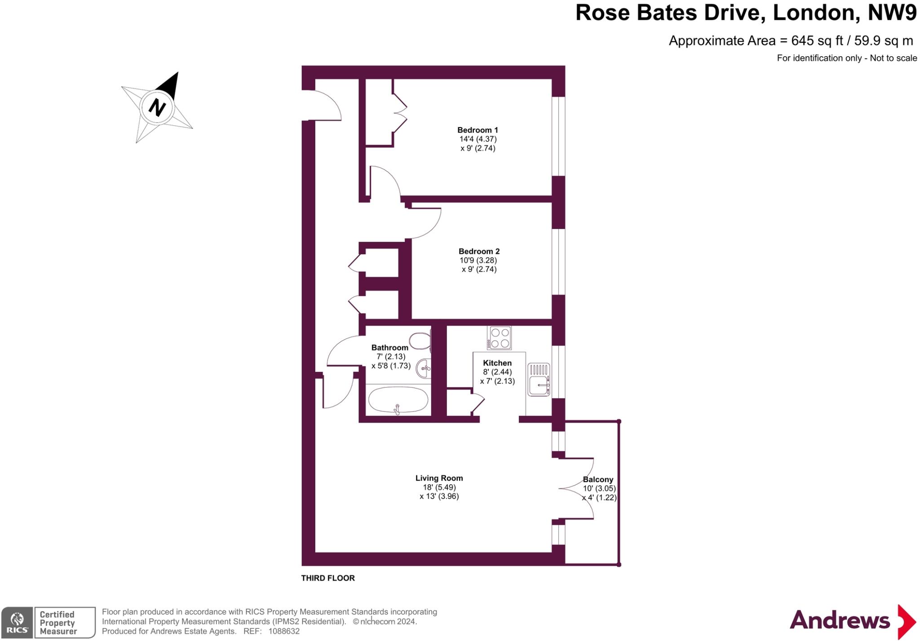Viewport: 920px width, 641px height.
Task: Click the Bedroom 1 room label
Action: point(478,130)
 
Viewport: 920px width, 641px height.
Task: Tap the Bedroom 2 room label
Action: point(479,252)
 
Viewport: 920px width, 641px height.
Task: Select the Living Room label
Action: point(439,478)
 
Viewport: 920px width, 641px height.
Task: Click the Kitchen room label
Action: point(497,363)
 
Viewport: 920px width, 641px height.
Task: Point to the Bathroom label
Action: point(389,348)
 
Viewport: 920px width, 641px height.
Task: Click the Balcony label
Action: point(598,480)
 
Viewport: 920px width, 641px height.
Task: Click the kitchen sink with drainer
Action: point(539,380)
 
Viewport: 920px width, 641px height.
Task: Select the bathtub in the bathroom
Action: point(398,400)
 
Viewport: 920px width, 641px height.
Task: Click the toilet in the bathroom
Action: point(420,341)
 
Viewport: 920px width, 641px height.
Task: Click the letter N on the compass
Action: point(157,108)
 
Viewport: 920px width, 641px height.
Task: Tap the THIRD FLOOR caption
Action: point(328,578)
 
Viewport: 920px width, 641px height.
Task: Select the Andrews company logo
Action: point(852,621)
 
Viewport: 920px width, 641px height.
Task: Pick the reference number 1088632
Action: point(284,631)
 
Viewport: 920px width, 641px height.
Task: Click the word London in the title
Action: point(813,13)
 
